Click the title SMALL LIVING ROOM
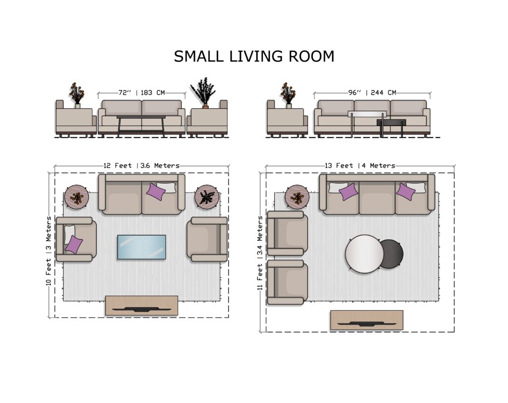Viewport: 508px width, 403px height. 254,56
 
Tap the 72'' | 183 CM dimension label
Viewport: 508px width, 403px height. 141,93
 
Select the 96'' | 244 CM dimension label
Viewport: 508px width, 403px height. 372,93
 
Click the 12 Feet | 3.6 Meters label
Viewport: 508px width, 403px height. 141,166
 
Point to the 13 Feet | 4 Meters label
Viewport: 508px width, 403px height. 360,166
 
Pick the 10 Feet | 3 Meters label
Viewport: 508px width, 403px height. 48,251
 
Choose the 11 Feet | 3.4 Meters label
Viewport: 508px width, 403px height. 260,253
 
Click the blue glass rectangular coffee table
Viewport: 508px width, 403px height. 141,247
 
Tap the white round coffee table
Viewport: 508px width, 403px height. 365,254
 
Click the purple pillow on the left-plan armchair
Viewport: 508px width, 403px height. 73,245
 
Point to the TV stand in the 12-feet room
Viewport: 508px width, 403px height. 141,305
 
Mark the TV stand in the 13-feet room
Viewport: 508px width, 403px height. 367,320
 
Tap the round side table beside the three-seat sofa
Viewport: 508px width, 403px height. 297,197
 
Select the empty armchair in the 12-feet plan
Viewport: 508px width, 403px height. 207,239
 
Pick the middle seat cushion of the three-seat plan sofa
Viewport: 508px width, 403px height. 377,198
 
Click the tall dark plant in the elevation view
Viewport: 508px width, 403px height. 203,92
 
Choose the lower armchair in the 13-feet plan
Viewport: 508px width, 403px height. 287,282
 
